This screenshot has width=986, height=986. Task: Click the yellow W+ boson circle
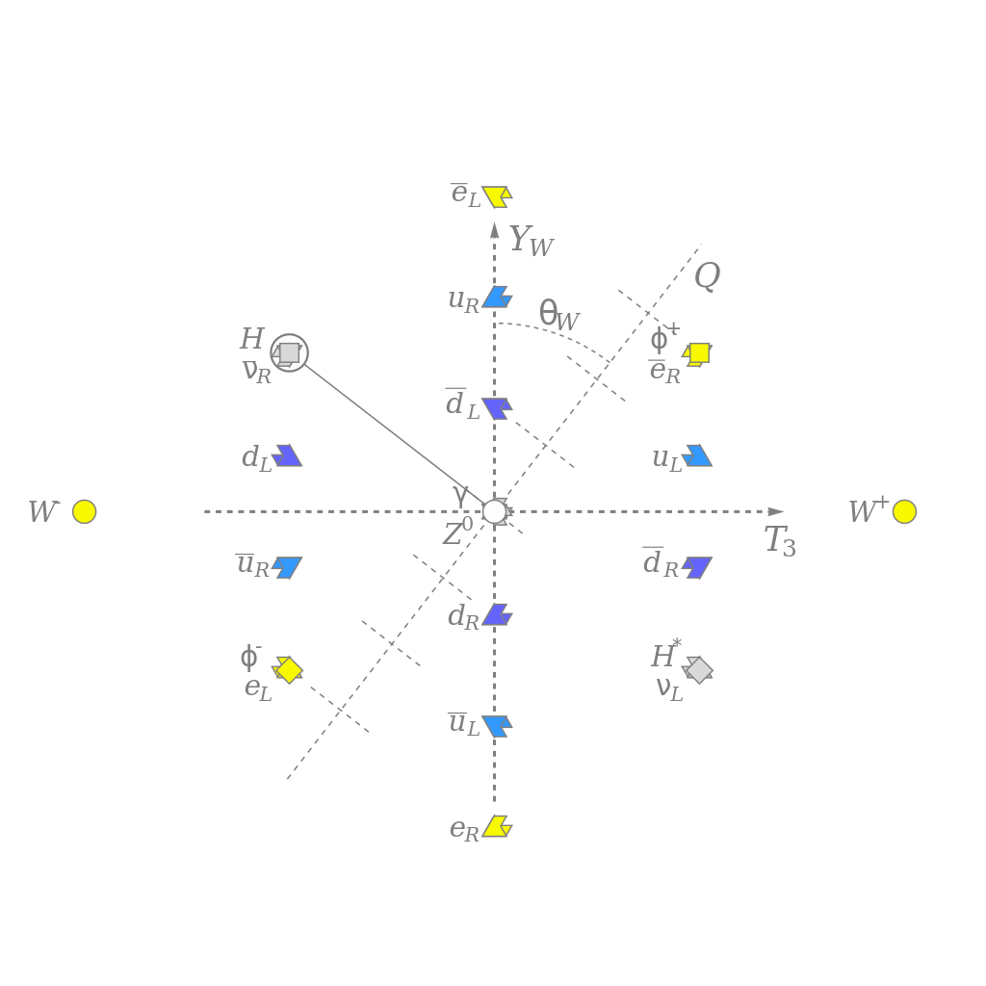[x=904, y=511]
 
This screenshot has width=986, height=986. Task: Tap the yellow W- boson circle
[x=85, y=511]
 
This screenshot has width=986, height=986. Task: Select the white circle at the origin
[x=494, y=511]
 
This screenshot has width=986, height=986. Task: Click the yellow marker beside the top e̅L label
[x=496, y=196]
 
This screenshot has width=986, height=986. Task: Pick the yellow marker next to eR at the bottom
[x=496, y=826]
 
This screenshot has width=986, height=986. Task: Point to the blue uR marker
[x=497, y=297]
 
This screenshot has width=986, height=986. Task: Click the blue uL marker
[x=697, y=455]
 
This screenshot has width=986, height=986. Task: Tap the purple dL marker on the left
[x=287, y=455]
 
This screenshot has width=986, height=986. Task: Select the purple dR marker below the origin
[x=497, y=614]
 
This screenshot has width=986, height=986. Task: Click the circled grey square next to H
[x=289, y=352]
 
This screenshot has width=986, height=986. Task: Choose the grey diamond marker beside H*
[x=699, y=669]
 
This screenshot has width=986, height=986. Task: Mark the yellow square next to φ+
[x=699, y=353]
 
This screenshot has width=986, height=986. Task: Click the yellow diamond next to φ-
[x=289, y=669]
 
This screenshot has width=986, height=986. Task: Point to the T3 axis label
[x=780, y=541]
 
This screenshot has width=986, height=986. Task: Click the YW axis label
[x=531, y=241]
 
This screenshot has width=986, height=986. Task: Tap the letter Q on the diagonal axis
[x=707, y=276]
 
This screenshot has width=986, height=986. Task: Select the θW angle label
[x=558, y=315]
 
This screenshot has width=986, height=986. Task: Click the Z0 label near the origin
[x=458, y=532]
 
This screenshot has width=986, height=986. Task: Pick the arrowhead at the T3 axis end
[x=776, y=511]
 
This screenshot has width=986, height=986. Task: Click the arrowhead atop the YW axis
[x=494, y=229]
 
